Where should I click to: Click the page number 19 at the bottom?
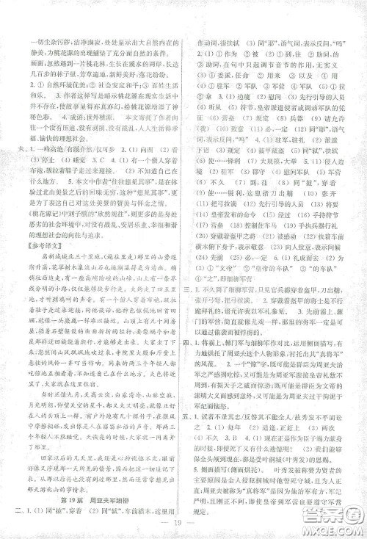point(184,521)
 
